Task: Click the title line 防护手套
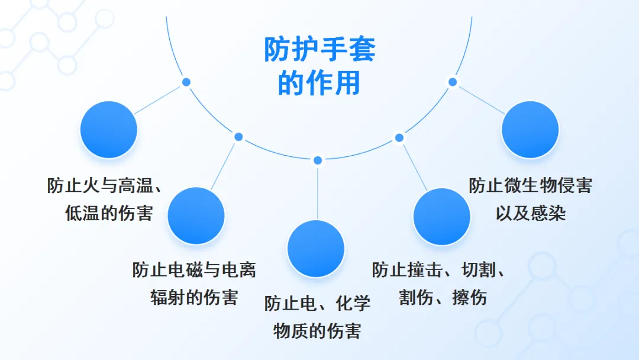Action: pyautogui.click(x=319, y=50)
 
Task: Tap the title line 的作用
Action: pyautogui.click(x=319, y=83)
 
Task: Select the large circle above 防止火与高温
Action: pyautogui.click(x=108, y=130)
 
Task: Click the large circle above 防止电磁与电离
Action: pyautogui.click(x=196, y=216)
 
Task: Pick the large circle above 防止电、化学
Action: pyautogui.click(x=316, y=249)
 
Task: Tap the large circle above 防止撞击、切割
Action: pyautogui.click(x=441, y=217)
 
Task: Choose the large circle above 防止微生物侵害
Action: pyautogui.click(x=530, y=130)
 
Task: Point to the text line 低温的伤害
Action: pyautogui.click(x=109, y=213)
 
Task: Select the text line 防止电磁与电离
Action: pyautogui.click(x=194, y=270)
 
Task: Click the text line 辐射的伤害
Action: pyautogui.click(x=194, y=297)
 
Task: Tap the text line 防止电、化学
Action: pyautogui.click(x=317, y=303)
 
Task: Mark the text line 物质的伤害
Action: pyautogui.click(x=317, y=330)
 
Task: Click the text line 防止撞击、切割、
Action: pyautogui.click(x=439, y=270)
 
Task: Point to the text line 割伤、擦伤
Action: pyautogui.click(x=443, y=297)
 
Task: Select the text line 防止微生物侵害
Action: pyautogui.click(x=530, y=185)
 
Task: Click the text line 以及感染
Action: pyautogui.click(x=530, y=213)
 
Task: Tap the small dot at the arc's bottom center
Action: pyautogui.click(x=318, y=160)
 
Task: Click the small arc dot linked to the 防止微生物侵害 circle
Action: pyautogui.click(x=453, y=82)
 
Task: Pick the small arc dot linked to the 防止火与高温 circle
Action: pyautogui.click(x=186, y=82)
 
